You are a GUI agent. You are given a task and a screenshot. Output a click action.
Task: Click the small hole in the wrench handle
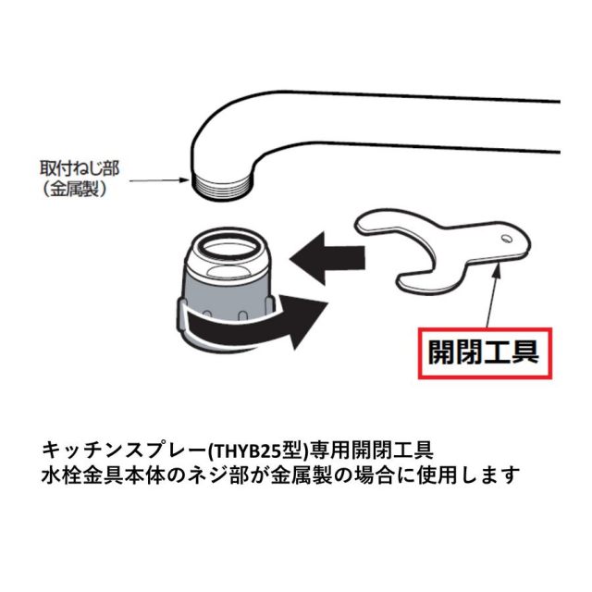(x=506, y=239)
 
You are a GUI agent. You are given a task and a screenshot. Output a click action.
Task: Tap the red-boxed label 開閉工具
(x=485, y=353)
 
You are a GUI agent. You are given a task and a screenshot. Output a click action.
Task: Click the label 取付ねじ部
(x=80, y=168)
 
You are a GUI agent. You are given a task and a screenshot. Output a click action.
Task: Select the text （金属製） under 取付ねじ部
(x=74, y=189)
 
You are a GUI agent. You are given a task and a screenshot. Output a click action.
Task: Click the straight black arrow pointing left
(x=327, y=258)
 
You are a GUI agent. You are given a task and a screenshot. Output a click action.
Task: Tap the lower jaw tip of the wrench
(x=403, y=282)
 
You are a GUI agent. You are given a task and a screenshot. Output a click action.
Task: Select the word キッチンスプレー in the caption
(x=124, y=450)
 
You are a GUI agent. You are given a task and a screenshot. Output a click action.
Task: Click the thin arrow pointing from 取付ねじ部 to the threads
(x=158, y=180)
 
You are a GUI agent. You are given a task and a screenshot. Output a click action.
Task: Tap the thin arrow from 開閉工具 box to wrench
(x=493, y=295)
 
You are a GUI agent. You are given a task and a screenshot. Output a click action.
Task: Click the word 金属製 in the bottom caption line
(x=302, y=475)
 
